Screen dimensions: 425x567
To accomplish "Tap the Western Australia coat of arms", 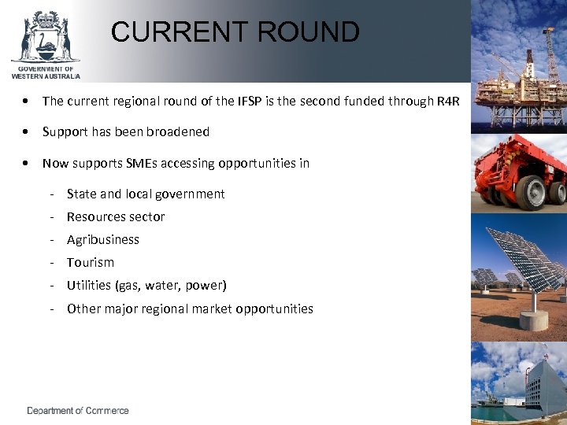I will (x=45, y=36).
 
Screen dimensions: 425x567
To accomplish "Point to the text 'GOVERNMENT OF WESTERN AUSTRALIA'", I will (x=46, y=72).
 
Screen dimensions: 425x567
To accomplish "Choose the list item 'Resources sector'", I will (x=116, y=216).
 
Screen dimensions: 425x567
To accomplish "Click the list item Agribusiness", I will (x=103, y=239).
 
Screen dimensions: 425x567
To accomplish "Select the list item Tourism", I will (x=91, y=262).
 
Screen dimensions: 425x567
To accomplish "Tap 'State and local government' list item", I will (x=146, y=194).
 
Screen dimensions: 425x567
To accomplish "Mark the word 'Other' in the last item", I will (x=83, y=309).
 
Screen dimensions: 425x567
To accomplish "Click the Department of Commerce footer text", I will (x=78, y=411).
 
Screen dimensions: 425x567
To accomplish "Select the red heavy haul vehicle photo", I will (x=519, y=173).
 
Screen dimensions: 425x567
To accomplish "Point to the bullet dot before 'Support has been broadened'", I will (x=28, y=131).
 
